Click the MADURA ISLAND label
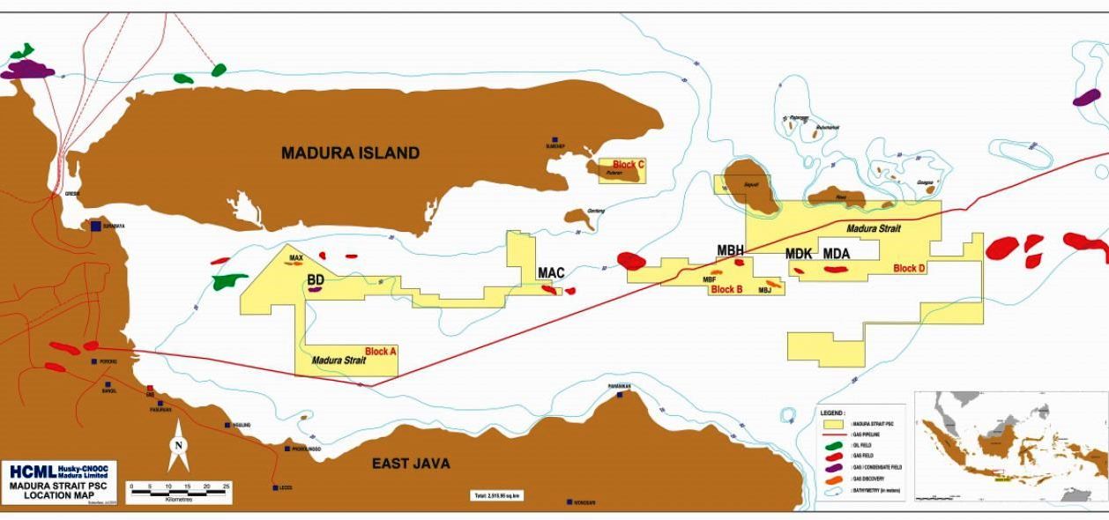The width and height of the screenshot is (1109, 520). click(350, 152)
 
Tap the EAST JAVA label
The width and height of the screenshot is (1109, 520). click(411, 464)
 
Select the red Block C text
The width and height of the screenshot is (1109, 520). click(629, 164)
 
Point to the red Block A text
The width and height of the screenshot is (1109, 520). click(381, 351)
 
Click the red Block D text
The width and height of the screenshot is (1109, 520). click(909, 268)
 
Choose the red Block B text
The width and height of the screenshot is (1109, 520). click(727, 289)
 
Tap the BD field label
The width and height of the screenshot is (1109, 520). click(316, 279)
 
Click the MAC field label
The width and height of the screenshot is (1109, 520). click(551, 273)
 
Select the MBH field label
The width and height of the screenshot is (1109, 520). click(730, 250)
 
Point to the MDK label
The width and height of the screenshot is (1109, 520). click(799, 254)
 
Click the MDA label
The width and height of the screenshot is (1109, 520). click(837, 254)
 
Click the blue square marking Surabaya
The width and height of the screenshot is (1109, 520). click(96, 227)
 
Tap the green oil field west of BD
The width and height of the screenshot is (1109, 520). click(229, 280)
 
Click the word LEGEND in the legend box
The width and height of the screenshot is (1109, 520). click(833, 412)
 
